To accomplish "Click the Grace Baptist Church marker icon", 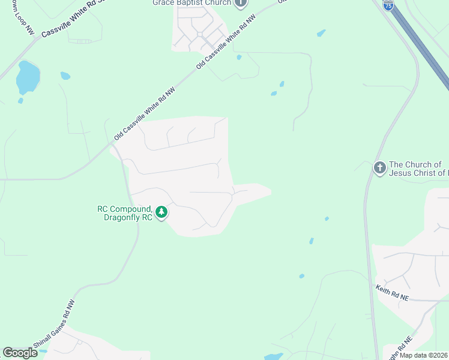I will pyautogui.click(x=241, y=3).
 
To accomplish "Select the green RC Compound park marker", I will pyautogui.click(x=161, y=212).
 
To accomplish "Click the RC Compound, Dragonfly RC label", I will pyautogui.click(x=125, y=213).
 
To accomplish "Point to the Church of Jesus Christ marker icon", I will pyautogui.click(x=379, y=168).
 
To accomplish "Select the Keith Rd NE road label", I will pyautogui.click(x=392, y=293).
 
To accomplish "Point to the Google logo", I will pyautogui.click(x=20, y=353).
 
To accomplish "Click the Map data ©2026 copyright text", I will pyautogui.click(x=424, y=355).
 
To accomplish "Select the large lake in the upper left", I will pyautogui.click(x=28, y=77).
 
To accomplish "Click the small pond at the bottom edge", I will pyautogui.click(x=274, y=356).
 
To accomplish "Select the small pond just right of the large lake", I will pyautogui.click(x=65, y=76).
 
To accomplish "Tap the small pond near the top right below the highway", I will pyautogui.click(x=321, y=33).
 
